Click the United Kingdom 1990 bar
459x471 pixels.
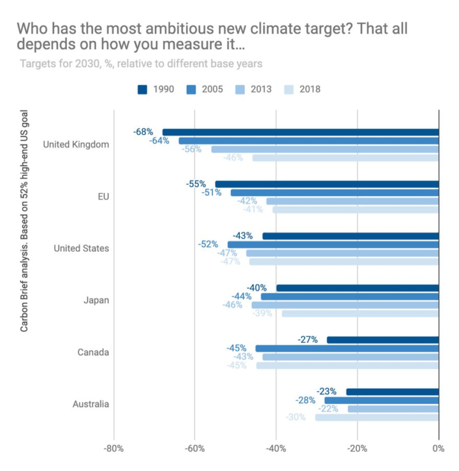[300, 132]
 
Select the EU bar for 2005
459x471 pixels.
[335, 192]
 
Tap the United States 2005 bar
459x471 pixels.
[333, 244]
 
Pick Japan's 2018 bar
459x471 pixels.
[360, 314]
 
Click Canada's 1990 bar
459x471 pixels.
[382, 340]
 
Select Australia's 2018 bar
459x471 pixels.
[377, 417]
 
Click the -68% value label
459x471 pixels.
[143, 132]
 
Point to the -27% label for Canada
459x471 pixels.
[307, 340]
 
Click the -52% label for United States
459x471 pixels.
[208, 244]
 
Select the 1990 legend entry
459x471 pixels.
[156, 89]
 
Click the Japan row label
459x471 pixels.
[96, 300]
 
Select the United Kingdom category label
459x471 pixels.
[76, 145]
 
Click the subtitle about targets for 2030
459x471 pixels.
[141, 64]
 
